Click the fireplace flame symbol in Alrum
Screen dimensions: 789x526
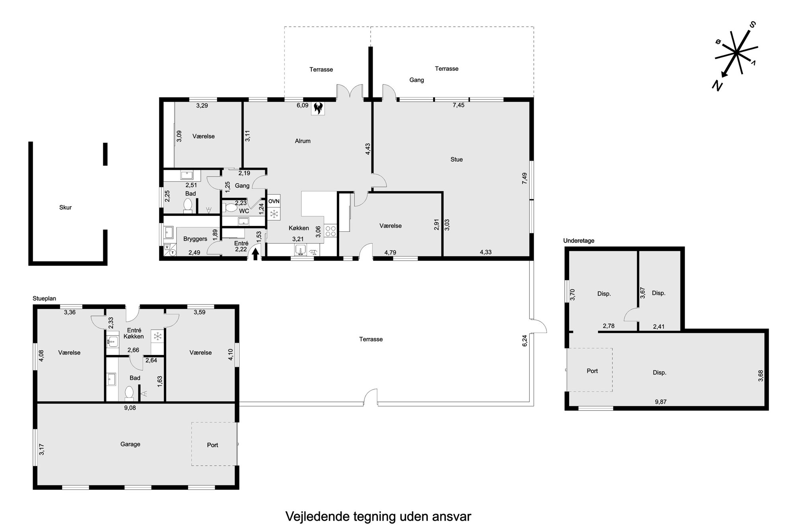[318, 108]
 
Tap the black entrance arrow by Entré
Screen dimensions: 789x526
[255, 254]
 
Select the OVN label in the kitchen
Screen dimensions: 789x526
[274, 202]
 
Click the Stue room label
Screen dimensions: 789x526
[457, 159]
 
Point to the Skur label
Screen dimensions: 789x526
[66, 208]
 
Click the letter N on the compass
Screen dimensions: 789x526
[717, 85]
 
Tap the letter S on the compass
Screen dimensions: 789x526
[752, 25]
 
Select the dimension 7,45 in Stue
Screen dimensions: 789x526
[459, 105]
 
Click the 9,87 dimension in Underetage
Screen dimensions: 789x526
[661, 402]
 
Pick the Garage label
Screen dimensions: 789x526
[130, 444]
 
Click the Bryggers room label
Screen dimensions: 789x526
[195, 239]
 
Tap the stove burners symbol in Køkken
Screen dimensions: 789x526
[330, 231]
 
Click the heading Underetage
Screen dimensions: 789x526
[579, 241]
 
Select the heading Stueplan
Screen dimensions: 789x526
[45, 299]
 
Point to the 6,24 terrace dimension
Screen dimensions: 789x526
[525, 341]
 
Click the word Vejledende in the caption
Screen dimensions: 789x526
[317, 516]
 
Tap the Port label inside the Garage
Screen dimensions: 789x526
[213, 445]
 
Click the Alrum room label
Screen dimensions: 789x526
[303, 141]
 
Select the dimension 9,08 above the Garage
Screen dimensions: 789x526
[130, 408]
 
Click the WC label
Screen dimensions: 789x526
[244, 211]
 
